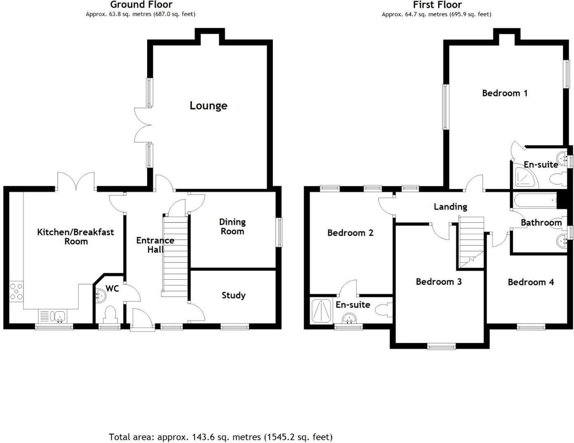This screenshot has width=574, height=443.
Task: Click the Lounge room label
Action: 208,106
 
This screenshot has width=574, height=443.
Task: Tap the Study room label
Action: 233,295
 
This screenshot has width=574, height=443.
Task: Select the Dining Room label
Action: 232,226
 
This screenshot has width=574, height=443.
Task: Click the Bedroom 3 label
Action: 438,282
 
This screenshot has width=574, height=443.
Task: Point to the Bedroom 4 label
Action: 530,282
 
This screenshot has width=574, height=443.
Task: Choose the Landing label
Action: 450,207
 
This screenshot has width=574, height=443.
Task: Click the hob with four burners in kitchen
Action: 16,291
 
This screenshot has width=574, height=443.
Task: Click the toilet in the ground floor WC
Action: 111,315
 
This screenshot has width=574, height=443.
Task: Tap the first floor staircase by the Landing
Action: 472,242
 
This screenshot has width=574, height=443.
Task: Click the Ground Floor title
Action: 141,5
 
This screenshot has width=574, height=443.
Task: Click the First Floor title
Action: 437,5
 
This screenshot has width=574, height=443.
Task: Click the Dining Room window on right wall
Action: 279,232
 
